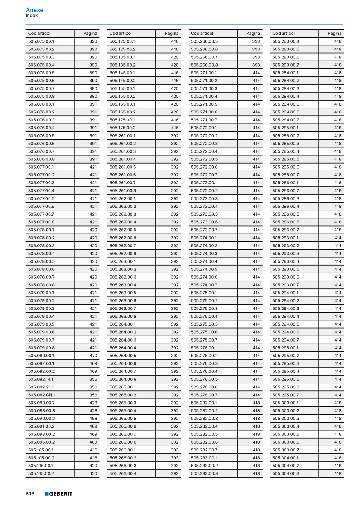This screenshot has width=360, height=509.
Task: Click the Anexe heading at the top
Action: tap(34, 10)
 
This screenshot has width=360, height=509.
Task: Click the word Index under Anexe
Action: tap(32, 16)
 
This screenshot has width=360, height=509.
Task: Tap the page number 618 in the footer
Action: tap(30, 494)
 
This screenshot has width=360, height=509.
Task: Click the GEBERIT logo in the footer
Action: tap(58, 494)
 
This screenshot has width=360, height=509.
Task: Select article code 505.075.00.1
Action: tap(41, 41)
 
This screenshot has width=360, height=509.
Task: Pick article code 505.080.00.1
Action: tap(41, 356)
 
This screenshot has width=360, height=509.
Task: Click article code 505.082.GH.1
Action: tap(41, 395)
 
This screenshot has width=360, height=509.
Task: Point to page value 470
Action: tap(93, 356)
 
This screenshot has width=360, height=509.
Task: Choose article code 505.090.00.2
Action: tap(41, 419)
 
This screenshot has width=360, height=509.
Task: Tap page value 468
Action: tap(93, 419)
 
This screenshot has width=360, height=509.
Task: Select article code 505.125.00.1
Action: tap(122, 41)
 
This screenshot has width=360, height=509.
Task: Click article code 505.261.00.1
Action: tap(122, 136)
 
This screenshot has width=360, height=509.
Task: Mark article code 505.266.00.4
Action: tap(123, 473)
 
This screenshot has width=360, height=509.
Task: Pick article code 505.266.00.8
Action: tap(204, 65)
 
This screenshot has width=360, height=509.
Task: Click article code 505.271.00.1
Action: tap(204, 73)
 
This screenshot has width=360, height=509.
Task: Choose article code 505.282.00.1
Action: tap(204, 403)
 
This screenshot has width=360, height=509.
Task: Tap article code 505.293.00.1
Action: tap(285, 238)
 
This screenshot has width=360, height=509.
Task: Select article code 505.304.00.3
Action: tap(286, 473)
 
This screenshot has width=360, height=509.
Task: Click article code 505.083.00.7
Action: tap(41, 403)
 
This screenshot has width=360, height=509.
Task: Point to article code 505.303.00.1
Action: tap(285, 403)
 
